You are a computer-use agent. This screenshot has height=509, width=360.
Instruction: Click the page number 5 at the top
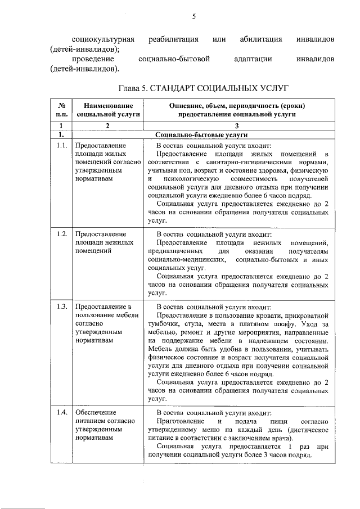(192, 17)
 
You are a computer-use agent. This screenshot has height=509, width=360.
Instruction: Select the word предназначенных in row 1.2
(175, 251)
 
